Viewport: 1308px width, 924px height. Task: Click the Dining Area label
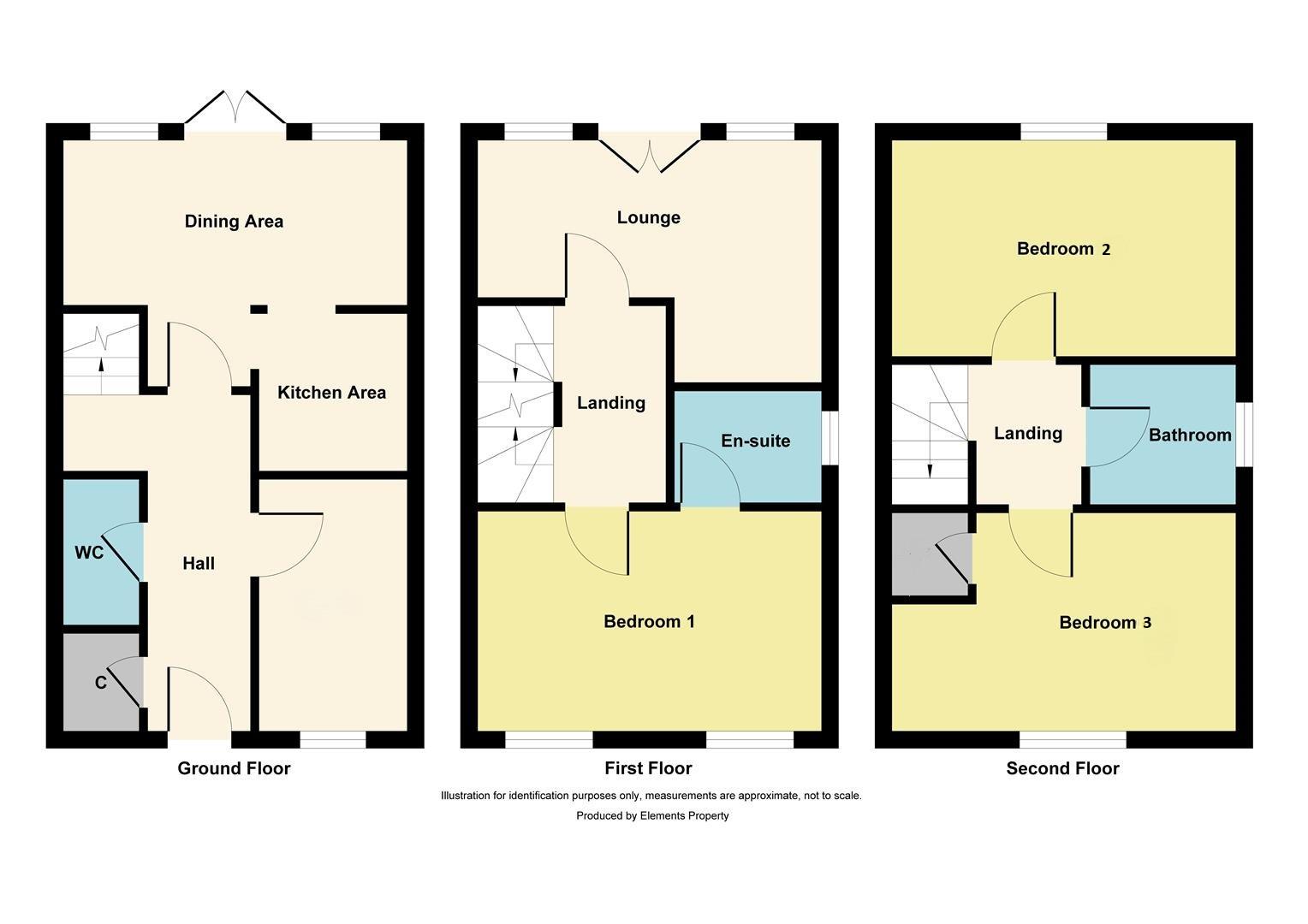coord(234,222)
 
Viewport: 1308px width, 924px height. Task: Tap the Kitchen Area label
coord(331,393)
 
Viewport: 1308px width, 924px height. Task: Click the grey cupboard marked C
coord(101,682)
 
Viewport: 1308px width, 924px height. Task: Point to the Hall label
coord(199,563)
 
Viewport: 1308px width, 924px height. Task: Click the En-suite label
coord(755,441)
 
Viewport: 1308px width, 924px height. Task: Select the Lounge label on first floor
coord(649,217)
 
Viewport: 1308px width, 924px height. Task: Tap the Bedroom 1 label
coord(649,621)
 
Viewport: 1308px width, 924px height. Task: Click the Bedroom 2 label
coord(1063,249)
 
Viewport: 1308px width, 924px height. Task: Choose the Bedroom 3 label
coord(1104,623)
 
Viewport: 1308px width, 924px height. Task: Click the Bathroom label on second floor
coord(1189,435)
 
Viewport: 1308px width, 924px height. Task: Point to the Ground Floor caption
coord(234,768)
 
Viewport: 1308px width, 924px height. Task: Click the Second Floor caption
coord(1062,768)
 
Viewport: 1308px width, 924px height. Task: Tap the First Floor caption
coord(648,768)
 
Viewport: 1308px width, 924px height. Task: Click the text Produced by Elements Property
coord(652,815)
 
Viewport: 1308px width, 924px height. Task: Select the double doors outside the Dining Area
coord(235,109)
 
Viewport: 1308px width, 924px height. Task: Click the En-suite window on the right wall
coord(830,439)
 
